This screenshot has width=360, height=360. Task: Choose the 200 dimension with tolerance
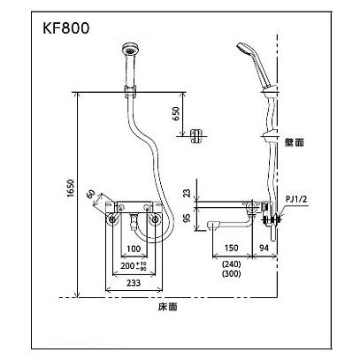[134, 264]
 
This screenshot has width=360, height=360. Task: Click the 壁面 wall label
[295, 142]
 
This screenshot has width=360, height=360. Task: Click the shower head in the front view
[131, 52]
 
